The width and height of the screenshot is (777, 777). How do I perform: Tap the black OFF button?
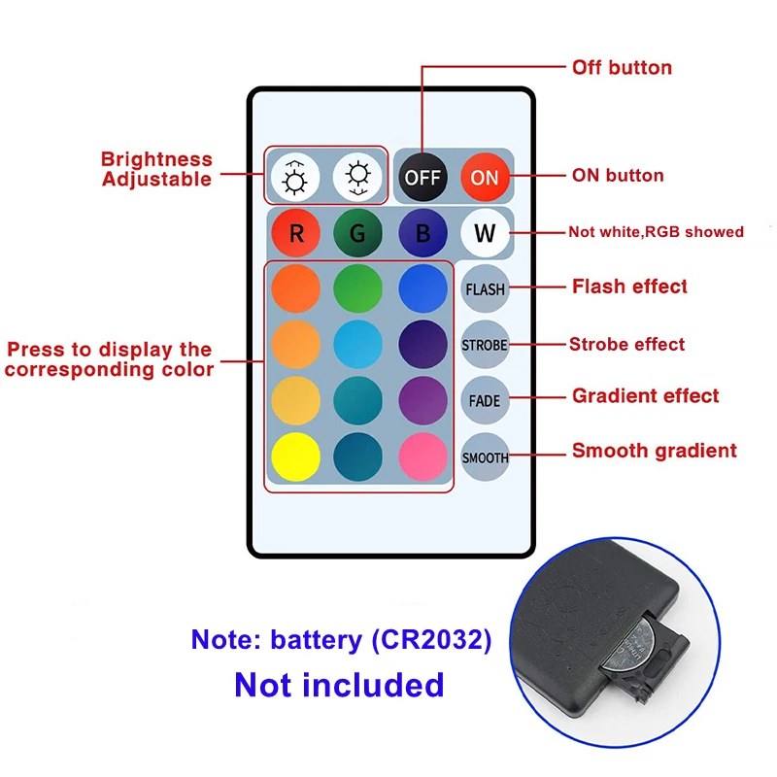point(422,177)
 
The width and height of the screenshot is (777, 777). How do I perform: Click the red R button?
point(296,233)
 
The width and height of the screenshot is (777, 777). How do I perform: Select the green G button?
point(358,233)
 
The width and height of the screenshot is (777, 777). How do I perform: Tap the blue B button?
point(422,233)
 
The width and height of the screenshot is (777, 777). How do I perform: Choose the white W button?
point(485,233)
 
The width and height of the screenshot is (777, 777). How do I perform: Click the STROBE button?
point(485,345)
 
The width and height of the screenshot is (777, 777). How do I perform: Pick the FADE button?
point(485,400)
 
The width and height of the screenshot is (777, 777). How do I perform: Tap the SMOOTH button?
point(485,456)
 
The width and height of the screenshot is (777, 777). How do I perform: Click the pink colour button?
point(422,456)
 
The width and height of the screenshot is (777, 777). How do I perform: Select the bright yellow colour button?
point(296,456)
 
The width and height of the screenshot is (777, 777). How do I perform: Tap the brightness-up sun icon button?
point(296,177)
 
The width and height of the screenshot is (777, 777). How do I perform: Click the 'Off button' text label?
point(622,68)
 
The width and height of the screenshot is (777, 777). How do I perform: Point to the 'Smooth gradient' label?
point(654,451)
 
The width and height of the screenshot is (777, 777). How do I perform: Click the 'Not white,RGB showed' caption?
point(656,232)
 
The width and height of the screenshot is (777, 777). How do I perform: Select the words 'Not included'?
point(339,685)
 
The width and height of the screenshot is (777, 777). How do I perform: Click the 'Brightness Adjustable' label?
point(156,169)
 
